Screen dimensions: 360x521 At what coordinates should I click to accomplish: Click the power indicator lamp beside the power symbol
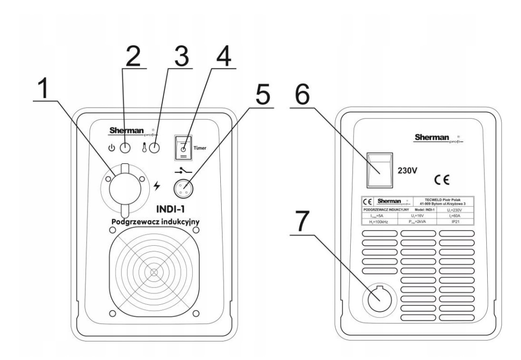(125, 149)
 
